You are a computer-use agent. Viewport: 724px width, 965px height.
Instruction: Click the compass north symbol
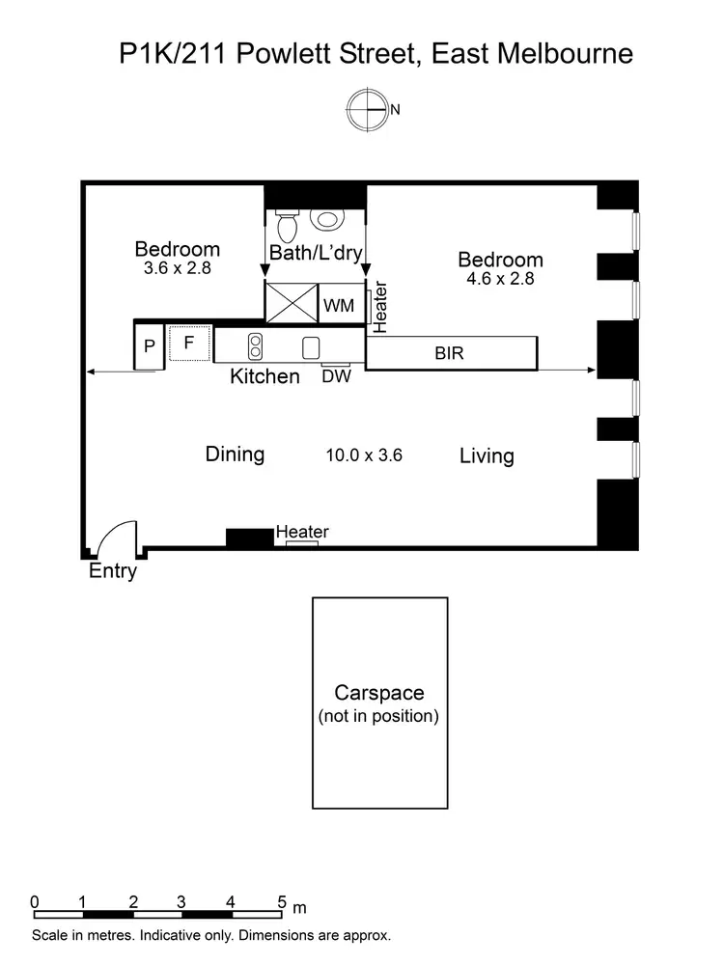tap(369, 109)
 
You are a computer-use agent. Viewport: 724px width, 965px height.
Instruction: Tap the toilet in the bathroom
tap(287, 226)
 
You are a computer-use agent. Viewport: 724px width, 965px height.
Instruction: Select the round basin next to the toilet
tap(327, 218)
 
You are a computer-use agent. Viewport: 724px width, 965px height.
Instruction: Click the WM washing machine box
tap(339, 306)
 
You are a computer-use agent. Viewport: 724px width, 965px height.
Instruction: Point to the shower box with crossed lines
tap(291, 301)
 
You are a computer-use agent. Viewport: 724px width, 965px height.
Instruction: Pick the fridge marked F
tap(189, 343)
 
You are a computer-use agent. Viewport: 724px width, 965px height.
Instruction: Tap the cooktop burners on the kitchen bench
tap(256, 345)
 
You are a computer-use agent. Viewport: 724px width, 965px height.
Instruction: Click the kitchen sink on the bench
tap(311, 346)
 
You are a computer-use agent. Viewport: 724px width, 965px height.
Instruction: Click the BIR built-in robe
tap(450, 353)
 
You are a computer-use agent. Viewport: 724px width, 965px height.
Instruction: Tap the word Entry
tap(113, 571)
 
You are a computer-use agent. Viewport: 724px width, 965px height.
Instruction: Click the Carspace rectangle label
tap(378, 693)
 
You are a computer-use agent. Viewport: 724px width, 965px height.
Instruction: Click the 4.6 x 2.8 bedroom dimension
tap(499, 279)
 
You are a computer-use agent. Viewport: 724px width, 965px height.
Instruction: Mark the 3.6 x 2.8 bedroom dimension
tap(177, 269)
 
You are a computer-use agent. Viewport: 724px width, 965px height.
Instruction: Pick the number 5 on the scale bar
tap(282, 902)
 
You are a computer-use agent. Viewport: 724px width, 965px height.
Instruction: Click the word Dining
tap(235, 455)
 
